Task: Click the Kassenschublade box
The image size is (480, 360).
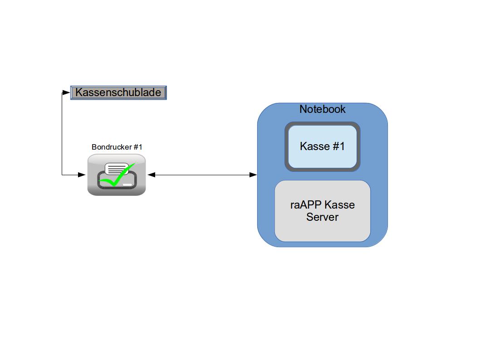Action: [118, 92]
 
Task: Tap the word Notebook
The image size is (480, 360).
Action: [322, 109]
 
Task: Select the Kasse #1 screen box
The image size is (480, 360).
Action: [323, 146]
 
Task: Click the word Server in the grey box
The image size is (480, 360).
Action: [322, 217]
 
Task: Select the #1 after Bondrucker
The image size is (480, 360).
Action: [138, 147]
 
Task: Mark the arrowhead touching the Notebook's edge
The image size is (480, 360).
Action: [254, 175]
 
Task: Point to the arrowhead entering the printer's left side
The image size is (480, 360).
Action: [82, 175]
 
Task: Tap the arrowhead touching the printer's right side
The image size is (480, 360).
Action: [151, 175]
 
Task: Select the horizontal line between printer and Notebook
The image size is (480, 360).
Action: [202, 175]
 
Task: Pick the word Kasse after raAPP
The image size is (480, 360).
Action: [340, 205]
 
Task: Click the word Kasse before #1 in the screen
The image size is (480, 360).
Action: [314, 146]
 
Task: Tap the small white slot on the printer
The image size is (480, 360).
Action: [127, 185]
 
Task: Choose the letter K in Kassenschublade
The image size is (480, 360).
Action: [78, 92]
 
